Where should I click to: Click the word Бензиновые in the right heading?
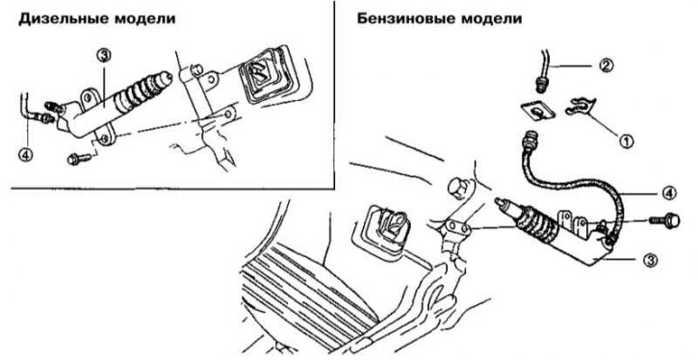point(404,19)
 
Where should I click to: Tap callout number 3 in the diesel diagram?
point(104,57)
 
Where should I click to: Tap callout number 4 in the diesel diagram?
point(25,155)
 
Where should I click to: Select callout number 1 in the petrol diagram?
point(626,141)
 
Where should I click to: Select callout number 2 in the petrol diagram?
point(606,65)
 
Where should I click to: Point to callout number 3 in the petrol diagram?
point(651,261)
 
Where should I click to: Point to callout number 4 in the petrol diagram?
point(669,193)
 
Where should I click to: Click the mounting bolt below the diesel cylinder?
point(79,159)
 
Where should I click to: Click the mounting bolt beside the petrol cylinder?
point(664,219)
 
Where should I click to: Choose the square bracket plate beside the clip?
point(538,111)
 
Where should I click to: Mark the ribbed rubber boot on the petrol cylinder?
point(534,220)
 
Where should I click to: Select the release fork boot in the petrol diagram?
point(385,230)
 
